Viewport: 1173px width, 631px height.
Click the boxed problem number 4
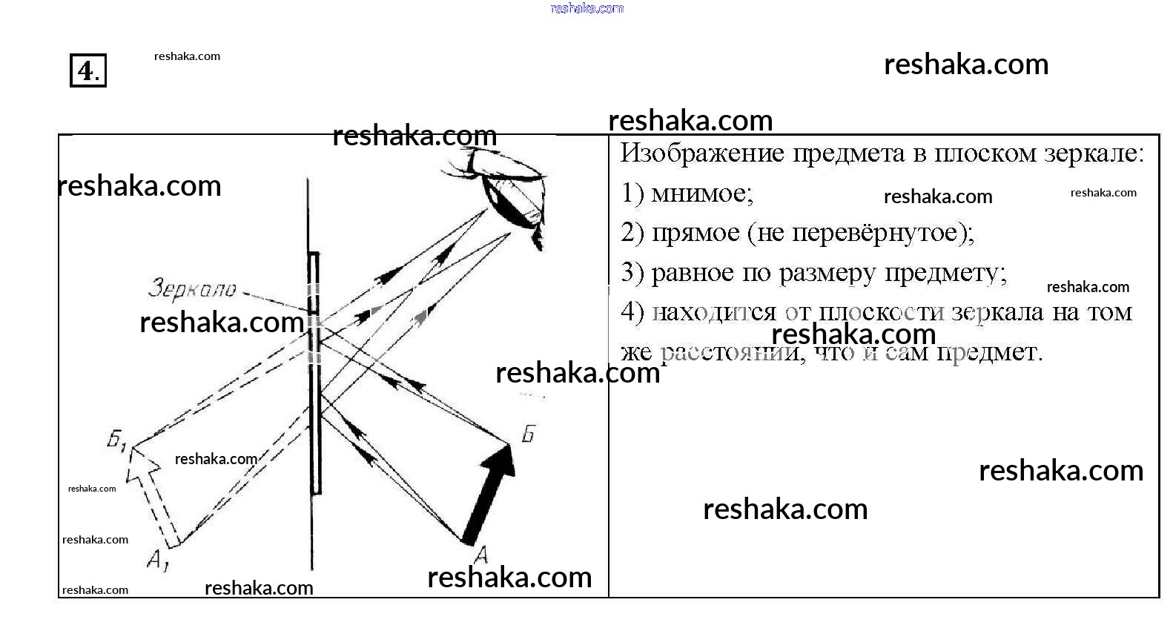click(87, 70)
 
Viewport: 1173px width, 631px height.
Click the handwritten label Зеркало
click(192, 288)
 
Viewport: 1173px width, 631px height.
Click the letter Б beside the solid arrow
click(528, 433)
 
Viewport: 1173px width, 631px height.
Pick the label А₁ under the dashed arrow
click(157, 560)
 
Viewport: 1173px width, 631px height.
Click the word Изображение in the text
click(701, 153)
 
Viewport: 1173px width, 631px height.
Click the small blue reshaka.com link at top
click(586, 8)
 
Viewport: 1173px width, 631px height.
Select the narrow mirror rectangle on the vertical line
click(314, 371)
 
